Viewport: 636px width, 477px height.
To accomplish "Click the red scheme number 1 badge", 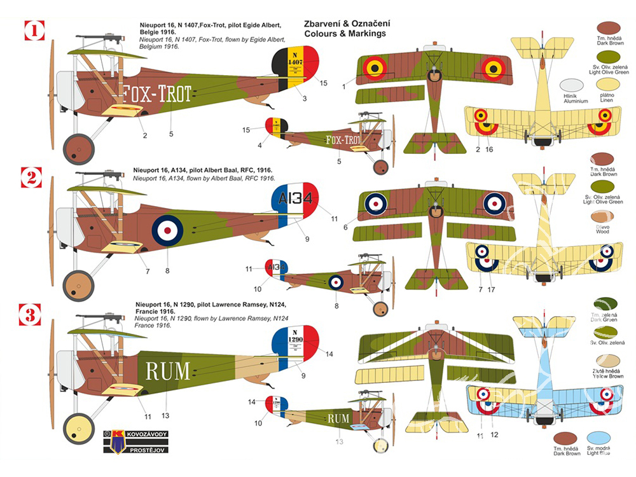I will [34, 30].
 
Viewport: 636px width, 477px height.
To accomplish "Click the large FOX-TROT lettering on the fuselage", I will [156, 94].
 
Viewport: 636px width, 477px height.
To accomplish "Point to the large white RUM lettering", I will [167, 370].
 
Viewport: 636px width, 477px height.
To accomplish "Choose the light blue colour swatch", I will [600, 439].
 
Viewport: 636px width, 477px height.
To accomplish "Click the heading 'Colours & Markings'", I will [345, 34].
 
